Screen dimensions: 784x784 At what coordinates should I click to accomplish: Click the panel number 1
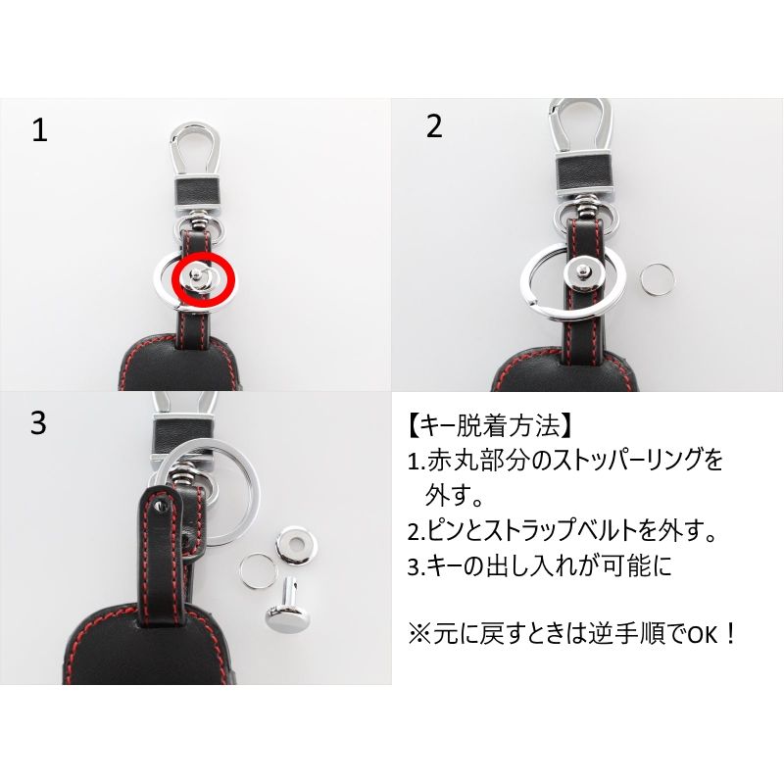tap(39, 131)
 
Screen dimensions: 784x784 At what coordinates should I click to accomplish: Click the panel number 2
tap(434, 126)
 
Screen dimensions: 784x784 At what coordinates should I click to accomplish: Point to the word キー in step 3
tap(436, 565)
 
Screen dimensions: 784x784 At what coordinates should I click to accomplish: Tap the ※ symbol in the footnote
tap(419, 633)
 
